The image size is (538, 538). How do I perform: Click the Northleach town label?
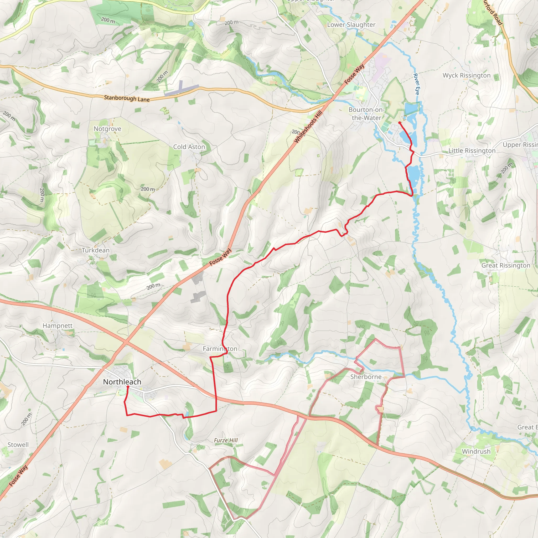(x=122, y=382)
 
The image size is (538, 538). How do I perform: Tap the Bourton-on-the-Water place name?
(x=366, y=113)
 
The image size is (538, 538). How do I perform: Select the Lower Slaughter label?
(x=351, y=25)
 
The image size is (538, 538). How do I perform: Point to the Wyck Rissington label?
(x=467, y=75)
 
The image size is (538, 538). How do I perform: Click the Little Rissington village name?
(x=472, y=151)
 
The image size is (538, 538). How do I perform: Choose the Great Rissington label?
(x=506, y=265)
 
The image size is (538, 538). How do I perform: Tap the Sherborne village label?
(x=366, y=377)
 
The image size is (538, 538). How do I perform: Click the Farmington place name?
(x=220, y=349)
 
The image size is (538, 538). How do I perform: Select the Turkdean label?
(x=96, y=250)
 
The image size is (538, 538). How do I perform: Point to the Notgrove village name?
(x=107, y=129)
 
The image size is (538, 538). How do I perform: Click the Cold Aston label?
(x=189, y=147)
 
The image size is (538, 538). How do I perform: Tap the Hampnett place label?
(x=57, y=325)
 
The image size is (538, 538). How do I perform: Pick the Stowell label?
(x=18, y=444)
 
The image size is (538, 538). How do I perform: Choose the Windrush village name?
(x=476, y=451)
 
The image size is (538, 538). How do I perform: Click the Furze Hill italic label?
(x=226, y=440)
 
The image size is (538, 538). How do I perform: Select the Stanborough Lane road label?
(x=127, y=98)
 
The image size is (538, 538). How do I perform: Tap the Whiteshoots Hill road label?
(x=308, y=127)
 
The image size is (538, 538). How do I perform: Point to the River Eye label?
(x=416, y=84)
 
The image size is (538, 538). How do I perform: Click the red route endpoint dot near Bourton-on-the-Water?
(x=399, y=122)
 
